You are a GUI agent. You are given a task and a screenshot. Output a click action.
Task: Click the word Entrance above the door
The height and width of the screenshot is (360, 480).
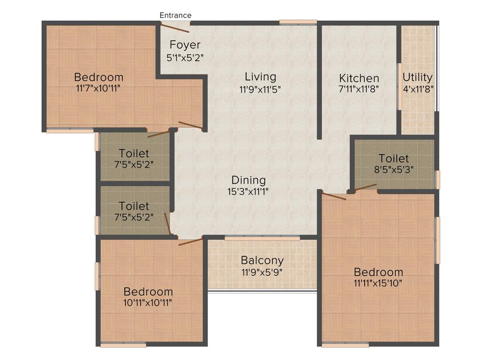175,15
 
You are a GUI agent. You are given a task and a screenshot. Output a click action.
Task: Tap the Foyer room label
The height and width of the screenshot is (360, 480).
185,45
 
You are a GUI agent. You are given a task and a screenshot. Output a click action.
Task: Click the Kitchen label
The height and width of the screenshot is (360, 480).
359,78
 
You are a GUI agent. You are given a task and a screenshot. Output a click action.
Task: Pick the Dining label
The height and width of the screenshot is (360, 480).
248,180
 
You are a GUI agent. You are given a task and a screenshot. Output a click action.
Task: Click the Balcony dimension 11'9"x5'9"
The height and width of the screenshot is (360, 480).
262,271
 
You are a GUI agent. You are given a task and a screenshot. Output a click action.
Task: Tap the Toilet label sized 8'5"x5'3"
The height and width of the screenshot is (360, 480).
394,158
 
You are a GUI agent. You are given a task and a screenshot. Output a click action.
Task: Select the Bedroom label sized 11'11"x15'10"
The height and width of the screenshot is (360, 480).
378,272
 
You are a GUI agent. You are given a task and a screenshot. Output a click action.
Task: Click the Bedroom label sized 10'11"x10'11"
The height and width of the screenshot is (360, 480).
148,292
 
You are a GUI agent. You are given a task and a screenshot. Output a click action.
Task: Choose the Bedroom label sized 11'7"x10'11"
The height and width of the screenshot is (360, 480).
99,77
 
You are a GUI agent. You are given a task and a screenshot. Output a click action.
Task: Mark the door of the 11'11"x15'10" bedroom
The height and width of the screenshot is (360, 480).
334,196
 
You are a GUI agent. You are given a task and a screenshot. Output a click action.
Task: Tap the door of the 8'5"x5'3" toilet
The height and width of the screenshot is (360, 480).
366,188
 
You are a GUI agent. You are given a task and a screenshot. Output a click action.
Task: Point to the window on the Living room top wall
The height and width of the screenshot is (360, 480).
298,22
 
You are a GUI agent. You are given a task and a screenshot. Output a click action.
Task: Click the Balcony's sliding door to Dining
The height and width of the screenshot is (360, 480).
262,238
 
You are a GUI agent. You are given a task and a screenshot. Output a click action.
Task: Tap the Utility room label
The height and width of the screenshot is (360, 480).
418,77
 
